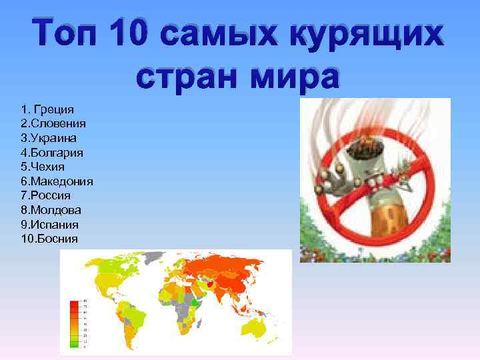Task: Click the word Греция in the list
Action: point(56,109)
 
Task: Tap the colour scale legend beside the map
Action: point(74,324)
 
